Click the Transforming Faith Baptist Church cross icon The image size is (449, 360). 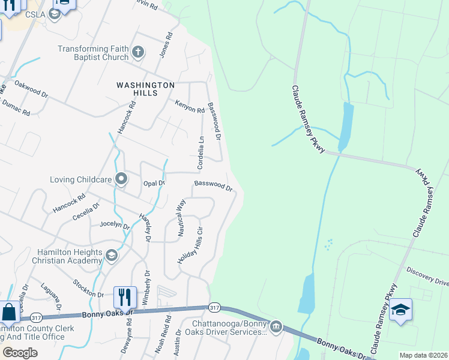pos(138,52)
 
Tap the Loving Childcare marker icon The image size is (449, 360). pos(121,178)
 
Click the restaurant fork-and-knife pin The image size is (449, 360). pos(125,297)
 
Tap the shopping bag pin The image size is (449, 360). pos(10,312)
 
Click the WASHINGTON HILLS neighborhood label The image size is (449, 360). pos(145,89)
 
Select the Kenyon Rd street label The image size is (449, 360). pos(190,110)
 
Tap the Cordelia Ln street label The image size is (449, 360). pos(201,152)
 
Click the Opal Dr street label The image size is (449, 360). pos(154,183)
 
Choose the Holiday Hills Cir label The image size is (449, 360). pos(191,245)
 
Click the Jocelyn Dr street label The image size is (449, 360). pos(115,226)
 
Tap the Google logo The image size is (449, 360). pos(20,353)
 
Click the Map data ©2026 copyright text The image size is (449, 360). pos(423,355)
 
